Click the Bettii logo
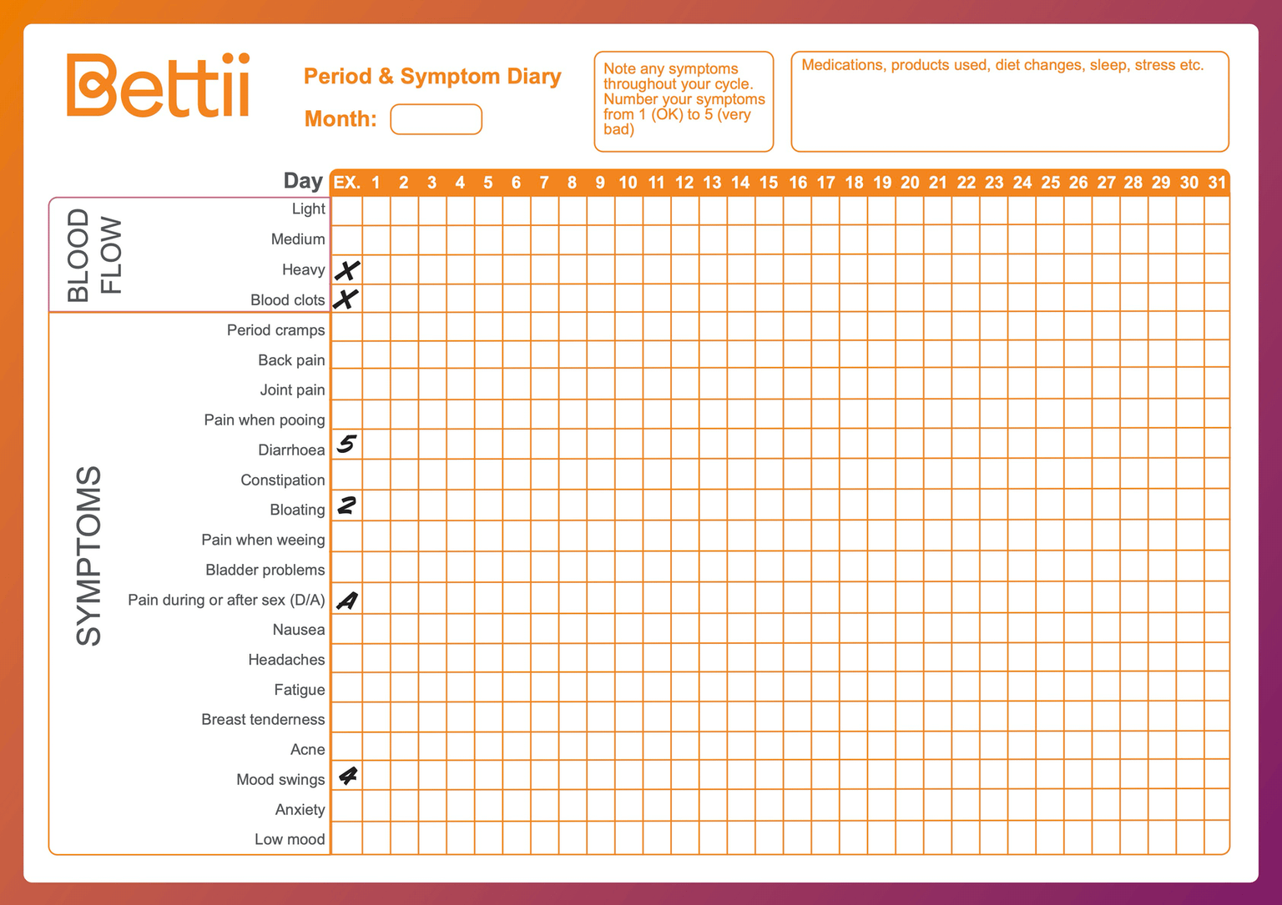pos(158,85)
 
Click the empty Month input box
pos(436,119)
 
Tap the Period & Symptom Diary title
pos(432,77)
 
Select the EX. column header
pos(346,183)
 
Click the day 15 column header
pos(769,183)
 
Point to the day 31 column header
pos(1217,183)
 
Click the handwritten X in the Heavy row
pos(347,270)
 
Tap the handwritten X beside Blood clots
pos(346,299)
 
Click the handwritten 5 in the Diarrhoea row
pos(346,444)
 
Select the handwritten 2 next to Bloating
pos(346,505)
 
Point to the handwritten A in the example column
pos(346,601)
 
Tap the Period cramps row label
pos(275,330)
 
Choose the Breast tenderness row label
pos(263,720)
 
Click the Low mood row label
pos(290,840)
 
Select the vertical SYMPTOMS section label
pos(88,556)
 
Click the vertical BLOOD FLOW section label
pos(94,255)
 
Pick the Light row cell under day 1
pos(376,210)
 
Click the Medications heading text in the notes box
pos(1002,65)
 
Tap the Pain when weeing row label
pos(263,540)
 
